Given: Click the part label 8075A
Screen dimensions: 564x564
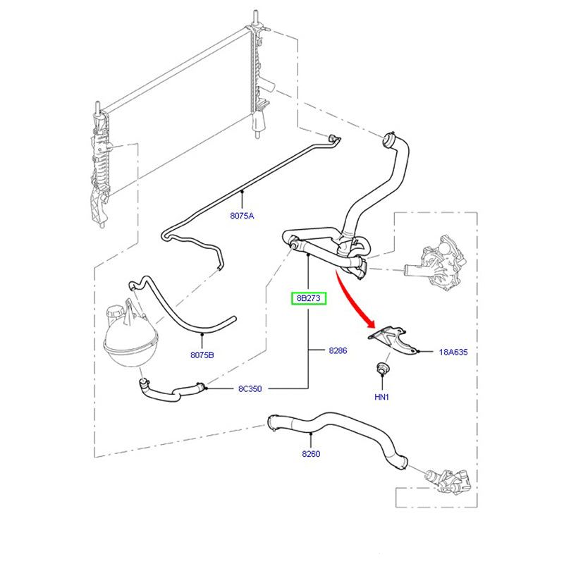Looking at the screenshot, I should [x=241, y=216].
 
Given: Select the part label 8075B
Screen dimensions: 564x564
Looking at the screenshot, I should [x=202, y=355].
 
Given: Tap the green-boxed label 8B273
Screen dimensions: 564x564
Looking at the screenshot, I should [x=309, y=299].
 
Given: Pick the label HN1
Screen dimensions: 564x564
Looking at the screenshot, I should [x=381, y=397].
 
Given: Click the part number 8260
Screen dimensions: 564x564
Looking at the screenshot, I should [x=310, y=454].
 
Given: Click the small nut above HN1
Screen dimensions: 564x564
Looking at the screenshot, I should [x=381, y=368].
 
